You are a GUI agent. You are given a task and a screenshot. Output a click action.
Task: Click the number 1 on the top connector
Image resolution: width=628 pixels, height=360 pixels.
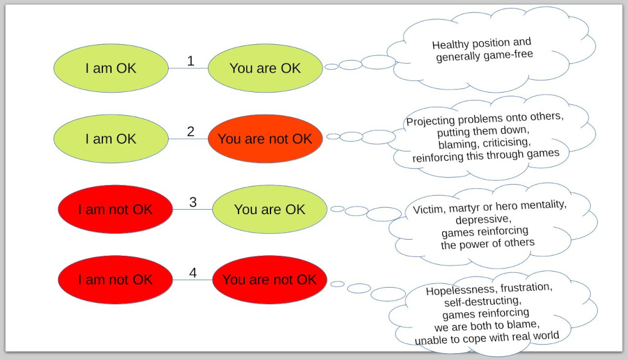tap(191, 61)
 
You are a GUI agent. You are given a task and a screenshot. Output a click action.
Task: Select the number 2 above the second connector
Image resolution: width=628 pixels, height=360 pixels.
tap(191, 131)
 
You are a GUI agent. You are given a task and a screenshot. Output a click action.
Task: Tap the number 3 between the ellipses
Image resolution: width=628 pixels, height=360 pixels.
tap(193, 202)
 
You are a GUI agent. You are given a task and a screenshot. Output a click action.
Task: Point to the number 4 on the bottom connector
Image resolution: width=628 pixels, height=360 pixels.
tap(193, 272)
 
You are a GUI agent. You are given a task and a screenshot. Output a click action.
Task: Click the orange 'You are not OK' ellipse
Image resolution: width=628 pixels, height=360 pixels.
tap(265, 139)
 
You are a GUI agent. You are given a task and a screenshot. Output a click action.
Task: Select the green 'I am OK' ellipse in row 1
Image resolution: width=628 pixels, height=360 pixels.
tap(111, 68)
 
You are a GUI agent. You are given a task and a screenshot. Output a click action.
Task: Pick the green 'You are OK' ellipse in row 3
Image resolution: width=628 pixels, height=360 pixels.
tap(269, 209)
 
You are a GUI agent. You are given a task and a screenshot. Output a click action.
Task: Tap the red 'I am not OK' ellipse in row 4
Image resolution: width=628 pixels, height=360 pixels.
tap(115, 280)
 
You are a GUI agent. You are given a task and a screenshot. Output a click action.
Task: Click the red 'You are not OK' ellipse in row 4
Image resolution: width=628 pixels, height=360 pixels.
tap(269, 280)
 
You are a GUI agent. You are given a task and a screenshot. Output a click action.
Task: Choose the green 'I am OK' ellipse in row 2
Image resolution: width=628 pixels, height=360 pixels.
tap(111, 139)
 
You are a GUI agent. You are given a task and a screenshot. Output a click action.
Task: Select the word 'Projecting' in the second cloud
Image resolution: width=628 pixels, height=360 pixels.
tap(430, 121)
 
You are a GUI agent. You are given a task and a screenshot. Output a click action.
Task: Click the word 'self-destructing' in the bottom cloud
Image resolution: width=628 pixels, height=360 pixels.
tap(482, 302)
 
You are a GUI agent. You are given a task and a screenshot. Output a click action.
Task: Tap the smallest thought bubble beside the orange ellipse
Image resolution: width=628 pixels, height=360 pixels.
tap(333, 137)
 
